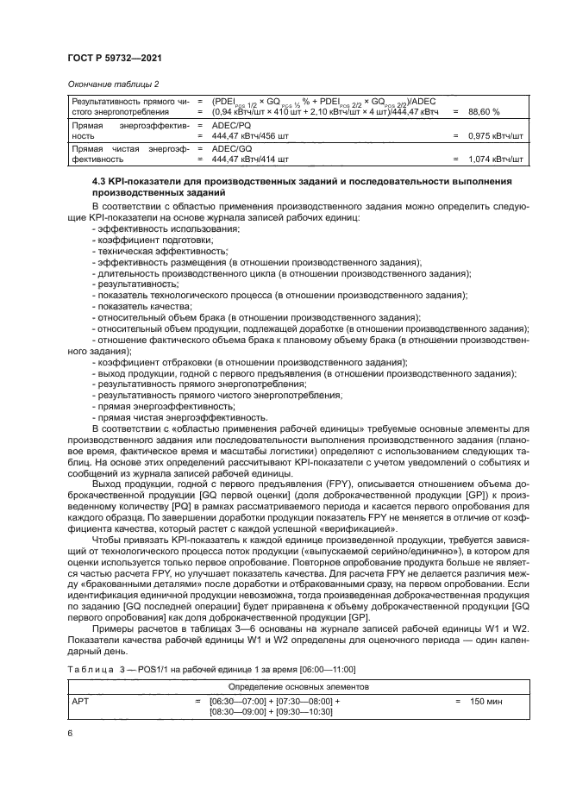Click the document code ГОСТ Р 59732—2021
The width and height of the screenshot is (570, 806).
click(x=116, y=58)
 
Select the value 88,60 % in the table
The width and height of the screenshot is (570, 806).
click(x=485, y=112)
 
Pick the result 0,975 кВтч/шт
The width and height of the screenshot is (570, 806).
click(x=497, y=136)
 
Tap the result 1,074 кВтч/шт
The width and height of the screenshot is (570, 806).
click(x=497, y=159)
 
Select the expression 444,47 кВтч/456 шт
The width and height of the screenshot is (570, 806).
click(x=251, y=136)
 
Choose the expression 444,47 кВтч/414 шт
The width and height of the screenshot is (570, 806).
click(x=250, y=159)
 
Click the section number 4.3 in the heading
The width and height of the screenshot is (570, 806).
click(x=99, y=181)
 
